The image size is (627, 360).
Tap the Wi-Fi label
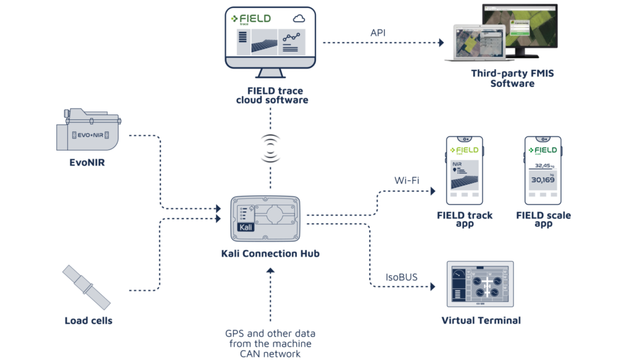(405, 181)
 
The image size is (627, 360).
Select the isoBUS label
(402, 277)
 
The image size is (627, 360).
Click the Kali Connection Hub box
(265, 219)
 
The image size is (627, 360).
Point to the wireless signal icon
(270, 149)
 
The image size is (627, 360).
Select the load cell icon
(87, 287)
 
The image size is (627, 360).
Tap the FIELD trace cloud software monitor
(270, 40)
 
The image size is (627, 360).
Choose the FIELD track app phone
(465, 170)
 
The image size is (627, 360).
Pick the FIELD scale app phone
(543, 170)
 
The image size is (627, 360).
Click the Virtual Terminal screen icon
(479, 284)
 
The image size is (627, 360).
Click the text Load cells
(88, 320)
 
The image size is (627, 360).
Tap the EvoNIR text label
(87, 163)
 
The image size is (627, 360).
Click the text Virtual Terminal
(481, 320)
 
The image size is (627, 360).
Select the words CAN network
(269, 353)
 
